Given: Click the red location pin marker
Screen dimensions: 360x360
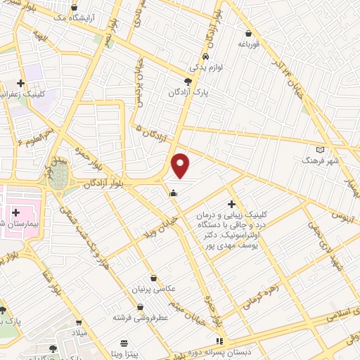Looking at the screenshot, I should [x=181, y=165].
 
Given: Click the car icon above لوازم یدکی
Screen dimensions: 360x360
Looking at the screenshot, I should [x=204, y=56].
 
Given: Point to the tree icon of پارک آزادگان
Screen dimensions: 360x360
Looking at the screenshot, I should [x=186, y=82].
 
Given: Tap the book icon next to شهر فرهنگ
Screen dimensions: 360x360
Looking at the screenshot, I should [x=321, y=150].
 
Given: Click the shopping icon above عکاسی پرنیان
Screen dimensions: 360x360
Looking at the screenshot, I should [x=153, y=278].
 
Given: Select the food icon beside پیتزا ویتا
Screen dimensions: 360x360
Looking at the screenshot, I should [x=124, y=344].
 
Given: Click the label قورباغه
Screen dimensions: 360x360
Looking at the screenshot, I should [x=248, y=44].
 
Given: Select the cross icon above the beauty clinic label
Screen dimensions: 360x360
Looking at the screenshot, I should [x=231, y=203].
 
